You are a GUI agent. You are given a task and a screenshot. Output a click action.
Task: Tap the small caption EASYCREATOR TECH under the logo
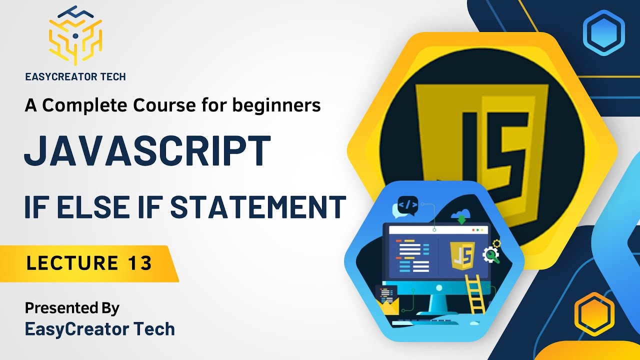click(75, 76)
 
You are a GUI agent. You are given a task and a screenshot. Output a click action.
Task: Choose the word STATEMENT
click(258, 206)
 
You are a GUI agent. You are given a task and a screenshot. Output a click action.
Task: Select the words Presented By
click(72, 307)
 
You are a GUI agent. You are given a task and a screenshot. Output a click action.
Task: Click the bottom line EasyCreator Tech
click(100, 329)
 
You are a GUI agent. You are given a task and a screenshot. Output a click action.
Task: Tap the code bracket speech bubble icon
click(407, 204)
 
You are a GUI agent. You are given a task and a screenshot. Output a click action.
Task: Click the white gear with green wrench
click(490, 254)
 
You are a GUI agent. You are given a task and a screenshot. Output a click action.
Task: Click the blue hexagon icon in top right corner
click(603, 33)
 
